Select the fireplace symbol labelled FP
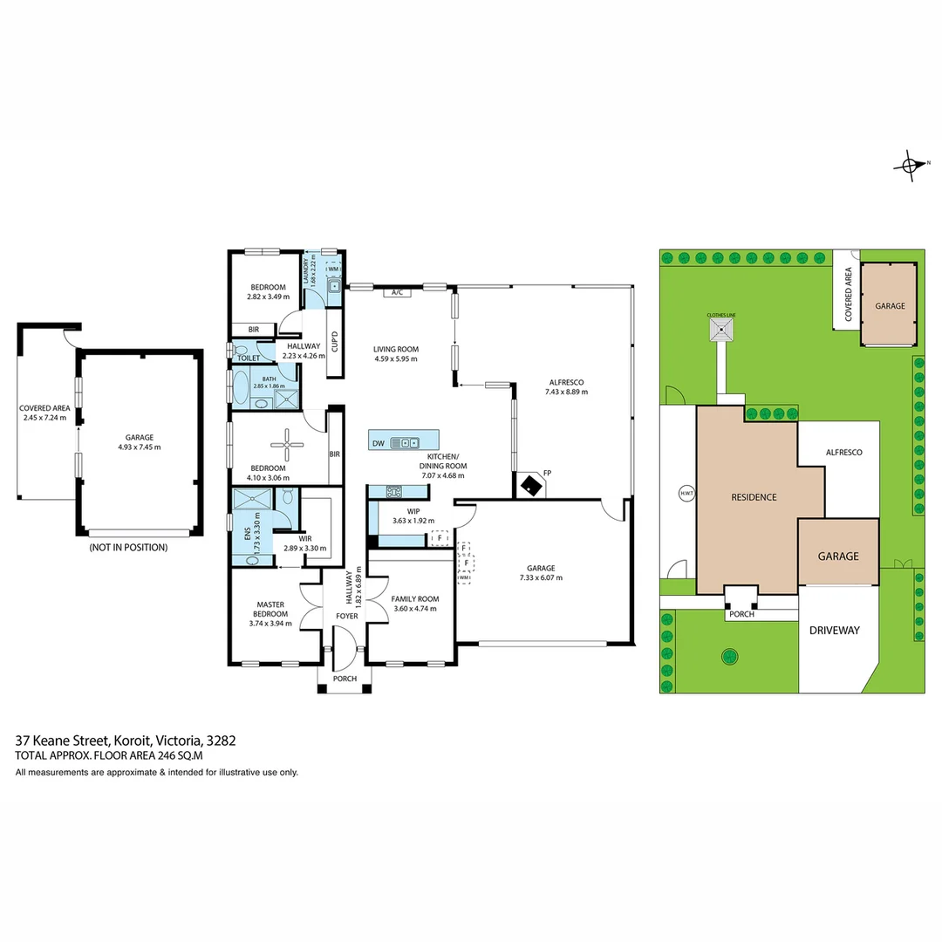530,484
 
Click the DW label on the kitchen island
378,443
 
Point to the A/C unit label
397,292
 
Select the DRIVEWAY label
834,630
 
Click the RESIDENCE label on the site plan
753,497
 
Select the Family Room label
414,599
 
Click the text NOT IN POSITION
128,548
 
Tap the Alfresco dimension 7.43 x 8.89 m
565,392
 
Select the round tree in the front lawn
726,656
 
